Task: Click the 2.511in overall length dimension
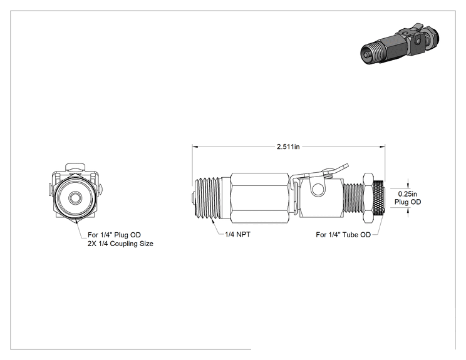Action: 288,147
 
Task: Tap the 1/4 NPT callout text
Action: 237,234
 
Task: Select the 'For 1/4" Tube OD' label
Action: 343,235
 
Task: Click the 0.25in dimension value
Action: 408,194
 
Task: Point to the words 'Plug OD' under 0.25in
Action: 408,202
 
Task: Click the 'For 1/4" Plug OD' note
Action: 114,235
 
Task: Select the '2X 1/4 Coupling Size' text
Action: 120,244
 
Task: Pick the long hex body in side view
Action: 260,198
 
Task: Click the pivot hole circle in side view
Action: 318,190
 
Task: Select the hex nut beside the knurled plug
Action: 367,198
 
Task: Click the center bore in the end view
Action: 74,197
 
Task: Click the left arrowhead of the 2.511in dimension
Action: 195,147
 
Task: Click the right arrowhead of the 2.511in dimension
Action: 383,147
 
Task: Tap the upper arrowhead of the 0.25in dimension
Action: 408,186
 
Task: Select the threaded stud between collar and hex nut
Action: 353,198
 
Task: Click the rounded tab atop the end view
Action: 76,167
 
